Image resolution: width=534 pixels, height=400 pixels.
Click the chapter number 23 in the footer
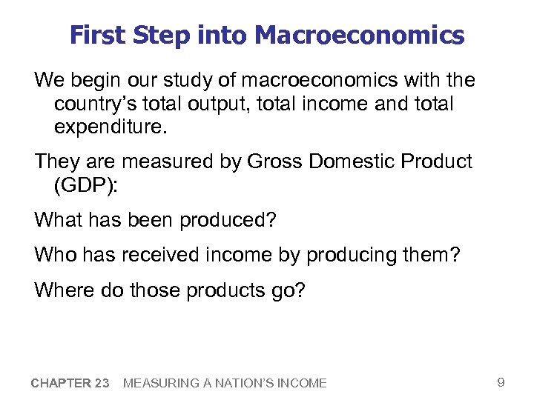point(102,383)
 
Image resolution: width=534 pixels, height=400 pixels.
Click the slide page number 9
point(501,382)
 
